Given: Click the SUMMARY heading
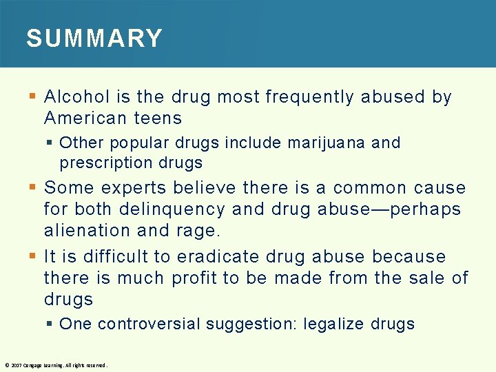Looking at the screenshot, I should pos(94,38).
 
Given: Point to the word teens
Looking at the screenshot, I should pos(158,118).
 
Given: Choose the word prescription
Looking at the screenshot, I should pos(101,163).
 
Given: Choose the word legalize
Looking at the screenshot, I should pos(334,324).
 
